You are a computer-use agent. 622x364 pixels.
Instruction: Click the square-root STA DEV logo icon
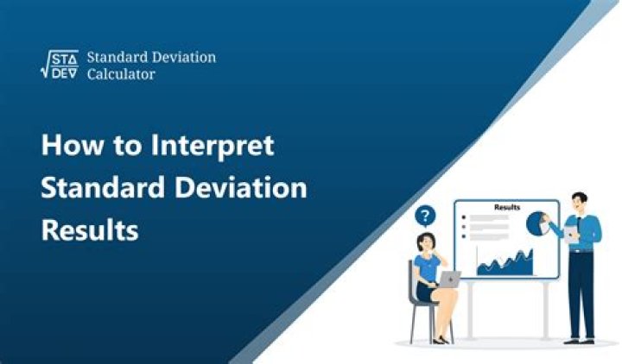60,66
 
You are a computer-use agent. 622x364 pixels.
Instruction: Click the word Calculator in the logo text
121,75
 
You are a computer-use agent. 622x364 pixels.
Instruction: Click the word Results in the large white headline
91,230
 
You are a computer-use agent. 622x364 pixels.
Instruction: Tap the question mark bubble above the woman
426,216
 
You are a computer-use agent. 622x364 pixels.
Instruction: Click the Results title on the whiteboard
506,208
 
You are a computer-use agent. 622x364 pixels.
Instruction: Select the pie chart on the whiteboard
538,223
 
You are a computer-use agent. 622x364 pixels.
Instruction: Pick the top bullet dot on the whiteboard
465,220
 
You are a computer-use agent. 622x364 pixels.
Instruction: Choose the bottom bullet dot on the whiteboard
465,235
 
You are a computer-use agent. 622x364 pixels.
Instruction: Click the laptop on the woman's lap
448,279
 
